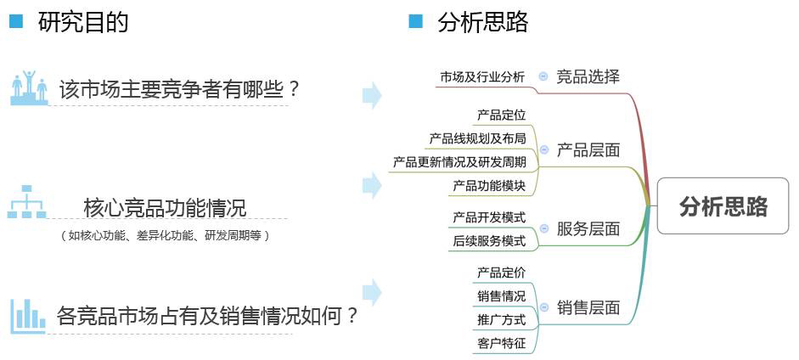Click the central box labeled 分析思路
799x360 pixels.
(723, 205)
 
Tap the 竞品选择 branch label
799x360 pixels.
(588, 77)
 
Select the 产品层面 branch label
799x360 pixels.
(588, 150)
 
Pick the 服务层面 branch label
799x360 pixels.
(588, 228)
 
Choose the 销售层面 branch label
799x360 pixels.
(588, 307)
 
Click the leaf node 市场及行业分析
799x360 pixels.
(482, 77)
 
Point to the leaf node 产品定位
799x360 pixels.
(501, 115)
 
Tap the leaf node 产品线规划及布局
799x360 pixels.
(477, 138)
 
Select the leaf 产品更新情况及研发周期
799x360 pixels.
(459, 162)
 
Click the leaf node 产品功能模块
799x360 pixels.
(489, 186)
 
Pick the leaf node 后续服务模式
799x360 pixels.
(489, 241)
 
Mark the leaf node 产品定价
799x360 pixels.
(501, 273)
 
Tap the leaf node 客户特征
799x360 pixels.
(501, 344)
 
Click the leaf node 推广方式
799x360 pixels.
(501, 320)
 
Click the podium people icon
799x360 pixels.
(29, 87)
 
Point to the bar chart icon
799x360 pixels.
(29, 316)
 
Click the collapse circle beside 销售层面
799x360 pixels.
(544, 307)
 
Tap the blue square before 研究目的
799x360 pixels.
(16, 22)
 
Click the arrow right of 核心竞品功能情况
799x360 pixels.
(373, 185)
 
